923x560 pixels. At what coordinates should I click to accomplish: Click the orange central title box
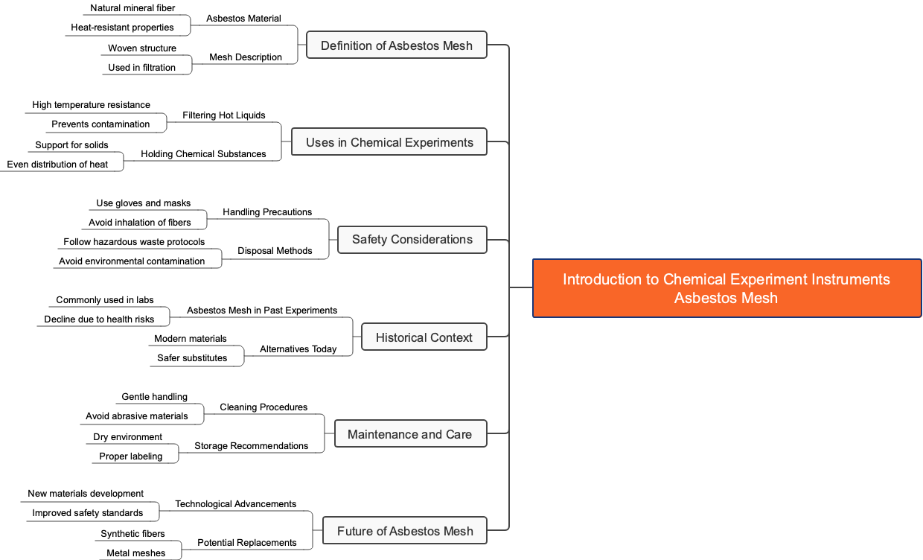tap(726, 288)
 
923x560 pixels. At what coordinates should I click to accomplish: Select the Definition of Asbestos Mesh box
tap(396, 45)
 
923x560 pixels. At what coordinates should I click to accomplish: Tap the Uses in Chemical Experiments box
tap(389, 142)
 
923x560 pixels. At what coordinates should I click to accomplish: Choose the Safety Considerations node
tap(412, 239)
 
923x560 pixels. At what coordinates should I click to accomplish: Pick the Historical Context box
tap(424, 337)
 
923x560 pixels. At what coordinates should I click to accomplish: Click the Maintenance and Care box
tap(409, 434)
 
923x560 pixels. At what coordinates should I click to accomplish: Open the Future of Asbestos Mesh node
tap(404, 531)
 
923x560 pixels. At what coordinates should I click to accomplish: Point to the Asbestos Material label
tap(243, 19)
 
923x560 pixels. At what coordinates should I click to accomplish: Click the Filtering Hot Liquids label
tap(223, 115)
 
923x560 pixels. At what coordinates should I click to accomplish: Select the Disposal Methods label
tap(275, 251)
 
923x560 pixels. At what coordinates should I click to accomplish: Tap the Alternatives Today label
tap(298, 349)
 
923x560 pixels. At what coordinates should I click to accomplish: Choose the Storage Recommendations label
tap(251, 446)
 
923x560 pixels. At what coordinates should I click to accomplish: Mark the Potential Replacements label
tap(246, 543)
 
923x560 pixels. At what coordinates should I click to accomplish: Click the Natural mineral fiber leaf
tap(132, 8)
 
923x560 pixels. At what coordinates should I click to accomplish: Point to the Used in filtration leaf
tap(141, 68)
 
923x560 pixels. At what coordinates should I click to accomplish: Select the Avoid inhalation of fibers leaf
tap(139, 223)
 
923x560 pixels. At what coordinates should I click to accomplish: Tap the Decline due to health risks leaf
tap(99, 319)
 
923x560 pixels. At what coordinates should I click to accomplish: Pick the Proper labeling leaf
tap(130, 456)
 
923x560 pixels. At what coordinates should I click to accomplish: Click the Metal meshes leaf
tap(136, 553)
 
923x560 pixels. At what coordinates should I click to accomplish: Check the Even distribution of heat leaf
tap(57, 165)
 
